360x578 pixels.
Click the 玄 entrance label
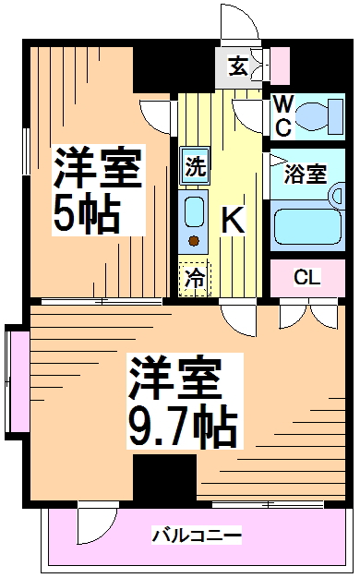[238, 66]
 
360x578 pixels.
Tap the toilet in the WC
[317, 114]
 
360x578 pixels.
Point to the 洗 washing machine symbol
[196, 167]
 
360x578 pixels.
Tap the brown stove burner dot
[195, 242]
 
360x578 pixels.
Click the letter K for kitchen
[233, 221]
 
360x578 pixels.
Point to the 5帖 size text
[85, 215]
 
